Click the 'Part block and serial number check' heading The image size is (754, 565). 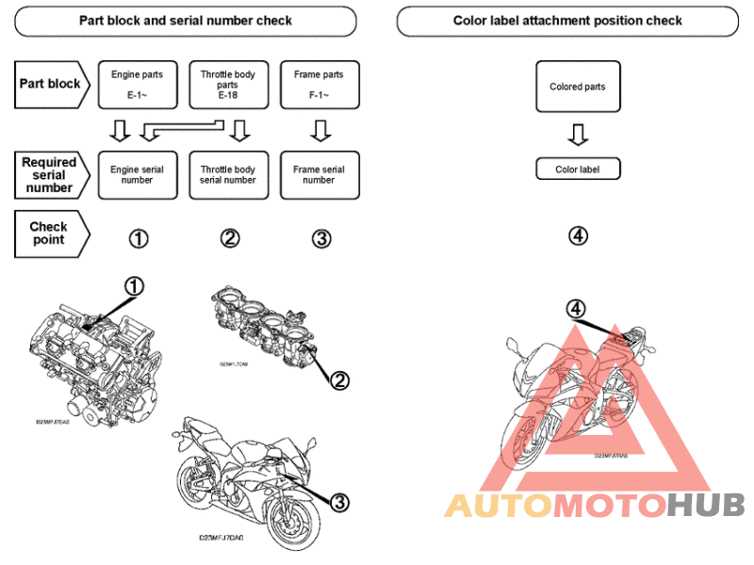pos(186,21)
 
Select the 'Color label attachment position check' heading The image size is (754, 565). pos(567,21)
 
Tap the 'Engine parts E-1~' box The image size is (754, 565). pos(137,84)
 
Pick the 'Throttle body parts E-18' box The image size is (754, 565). pos(227,84)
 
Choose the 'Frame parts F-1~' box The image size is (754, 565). pos(319,84)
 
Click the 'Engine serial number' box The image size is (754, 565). pos(137,175)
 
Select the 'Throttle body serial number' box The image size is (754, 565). pos(227,175)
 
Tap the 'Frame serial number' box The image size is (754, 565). pos(319,175)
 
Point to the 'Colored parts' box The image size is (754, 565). pos(578,88)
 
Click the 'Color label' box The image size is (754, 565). pos(578,169)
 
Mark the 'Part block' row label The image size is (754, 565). pos(51,84)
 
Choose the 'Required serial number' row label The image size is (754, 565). pos(51,175)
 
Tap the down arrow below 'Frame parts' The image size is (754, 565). pos(320,129)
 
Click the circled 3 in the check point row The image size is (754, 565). pos(321,238)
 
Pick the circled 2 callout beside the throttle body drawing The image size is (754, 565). pos(339,379)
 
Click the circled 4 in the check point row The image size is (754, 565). pos(578,235)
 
